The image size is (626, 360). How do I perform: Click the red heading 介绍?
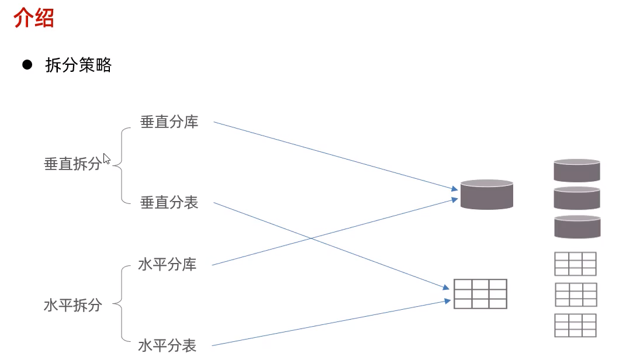(x=34, y=18)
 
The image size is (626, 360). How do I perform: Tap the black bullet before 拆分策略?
(x=26, y=65)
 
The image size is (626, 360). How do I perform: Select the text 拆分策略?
(x=78, y=65)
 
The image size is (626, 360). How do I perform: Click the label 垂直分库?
(x=169, y=122)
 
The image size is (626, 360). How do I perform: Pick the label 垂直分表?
(x=169, y=203)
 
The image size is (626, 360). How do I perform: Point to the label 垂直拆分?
(x=72, y=164)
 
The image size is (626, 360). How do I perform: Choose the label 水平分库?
(x=167, y=265)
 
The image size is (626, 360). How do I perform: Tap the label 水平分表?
(x=167, y=345)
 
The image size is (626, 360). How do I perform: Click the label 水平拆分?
(x=72, y=305)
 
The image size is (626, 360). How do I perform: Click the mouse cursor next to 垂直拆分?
(x=106, y=158)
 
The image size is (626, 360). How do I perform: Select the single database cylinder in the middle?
(x=486, y=195)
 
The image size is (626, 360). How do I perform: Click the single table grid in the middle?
(x=480, y=294)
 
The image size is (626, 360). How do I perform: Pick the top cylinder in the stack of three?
(x=577, y=170)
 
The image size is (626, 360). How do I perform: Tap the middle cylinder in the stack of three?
(x=577, y=198)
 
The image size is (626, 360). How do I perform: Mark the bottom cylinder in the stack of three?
(x=577, y=226)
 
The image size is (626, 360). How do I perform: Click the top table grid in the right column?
(x=575, y=264)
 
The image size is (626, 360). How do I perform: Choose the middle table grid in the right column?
(x=575, y=295)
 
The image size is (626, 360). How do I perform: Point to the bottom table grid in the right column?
(x=575, y=325)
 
